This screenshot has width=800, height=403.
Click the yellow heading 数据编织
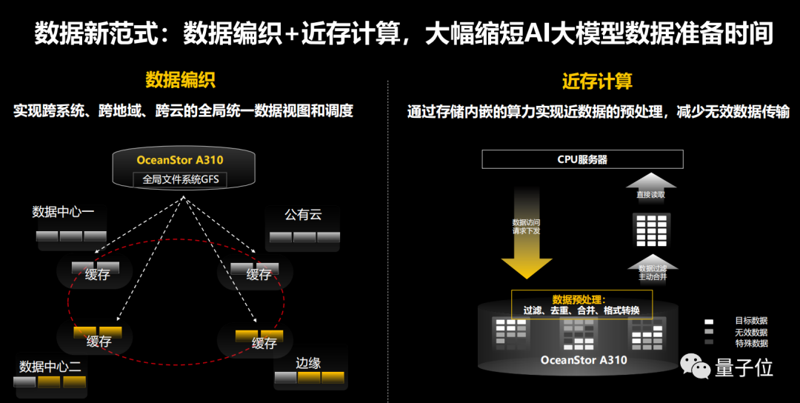click(x=180, y=80)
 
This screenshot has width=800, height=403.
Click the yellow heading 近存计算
click(x=597, y=81)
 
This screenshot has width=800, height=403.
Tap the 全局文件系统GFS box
click(x=180, y=179)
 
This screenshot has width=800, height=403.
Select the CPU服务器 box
click(x=582, y=159)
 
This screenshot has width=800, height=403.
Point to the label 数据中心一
click(x=64, y=213)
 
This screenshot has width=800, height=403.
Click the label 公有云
click(x=303, y=215)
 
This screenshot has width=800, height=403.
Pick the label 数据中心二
click(x=50, y=366)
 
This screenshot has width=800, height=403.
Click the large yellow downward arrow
click(x=527, y=230)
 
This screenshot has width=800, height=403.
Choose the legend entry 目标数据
click(x=750, y=322)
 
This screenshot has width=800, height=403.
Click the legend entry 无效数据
click(x=750, y=333)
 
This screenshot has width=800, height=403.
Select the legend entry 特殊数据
click(x=750, y=343)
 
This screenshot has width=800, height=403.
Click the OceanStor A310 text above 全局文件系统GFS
click(x=180, y=160)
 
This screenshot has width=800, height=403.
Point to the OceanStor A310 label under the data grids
click(x=584, y=361)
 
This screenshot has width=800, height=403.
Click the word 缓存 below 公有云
click(x=259, y=275)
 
